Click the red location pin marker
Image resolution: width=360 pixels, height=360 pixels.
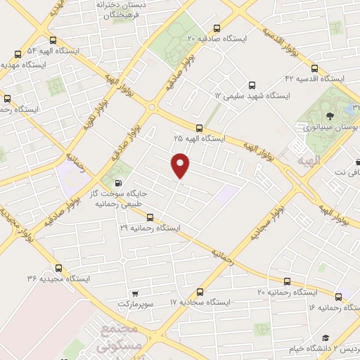(x=181, y=165)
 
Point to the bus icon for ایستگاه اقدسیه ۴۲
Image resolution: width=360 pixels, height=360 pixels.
(x=314, y=69)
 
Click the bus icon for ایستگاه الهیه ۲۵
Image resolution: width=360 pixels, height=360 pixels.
(x=200, y=128)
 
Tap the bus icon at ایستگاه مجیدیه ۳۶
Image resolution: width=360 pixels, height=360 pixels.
(x=58, y=268)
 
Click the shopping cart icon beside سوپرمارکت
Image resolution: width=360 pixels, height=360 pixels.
(x=134, y=292)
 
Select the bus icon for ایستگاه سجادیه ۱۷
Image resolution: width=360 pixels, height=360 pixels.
(x=200, y=292)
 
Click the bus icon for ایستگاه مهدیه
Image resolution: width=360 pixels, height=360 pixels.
(x=18, y=53)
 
